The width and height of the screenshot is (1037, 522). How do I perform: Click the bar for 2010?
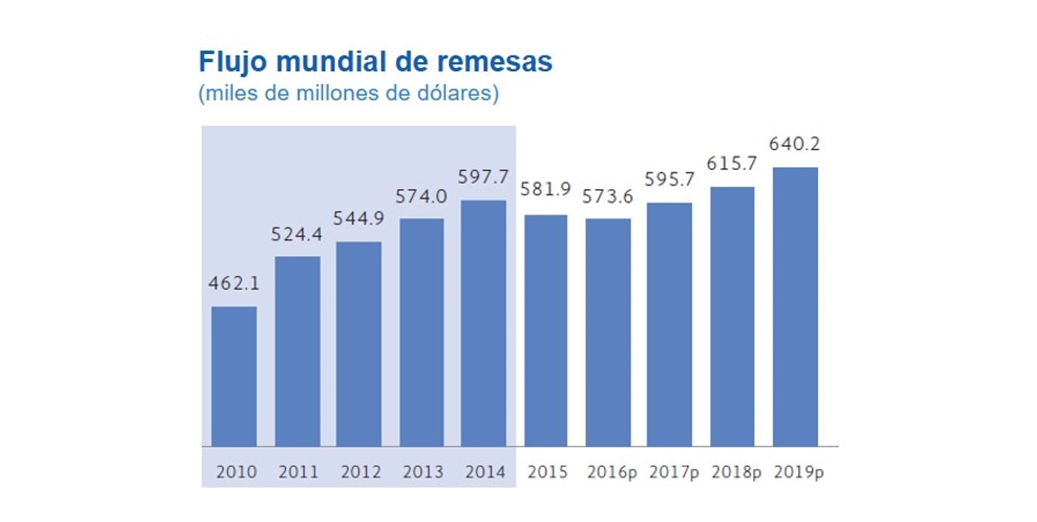point(234,376)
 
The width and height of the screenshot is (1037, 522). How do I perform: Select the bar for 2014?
point(484,323)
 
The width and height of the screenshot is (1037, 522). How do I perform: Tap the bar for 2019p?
point(795,307)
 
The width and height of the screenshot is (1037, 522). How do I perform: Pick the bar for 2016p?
point(608,332)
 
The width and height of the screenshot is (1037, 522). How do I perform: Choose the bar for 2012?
point(359,344)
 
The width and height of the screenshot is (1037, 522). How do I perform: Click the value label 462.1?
point(234,284)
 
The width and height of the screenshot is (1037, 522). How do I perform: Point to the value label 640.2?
point(795,144)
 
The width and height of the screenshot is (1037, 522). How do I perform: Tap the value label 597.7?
point(484,177)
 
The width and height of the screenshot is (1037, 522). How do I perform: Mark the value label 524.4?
point(297,234)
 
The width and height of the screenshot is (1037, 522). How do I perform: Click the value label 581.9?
point(546,189)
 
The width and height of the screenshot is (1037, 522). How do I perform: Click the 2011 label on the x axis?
point(298,472)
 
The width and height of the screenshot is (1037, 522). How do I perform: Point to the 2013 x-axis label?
point(422,472)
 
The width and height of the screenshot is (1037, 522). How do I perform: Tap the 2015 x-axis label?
point(547,472)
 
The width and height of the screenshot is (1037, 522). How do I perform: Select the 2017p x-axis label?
point(674,472)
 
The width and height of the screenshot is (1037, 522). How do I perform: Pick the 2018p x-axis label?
point(736,472)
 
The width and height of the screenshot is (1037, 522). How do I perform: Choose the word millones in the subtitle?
point(330,95)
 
